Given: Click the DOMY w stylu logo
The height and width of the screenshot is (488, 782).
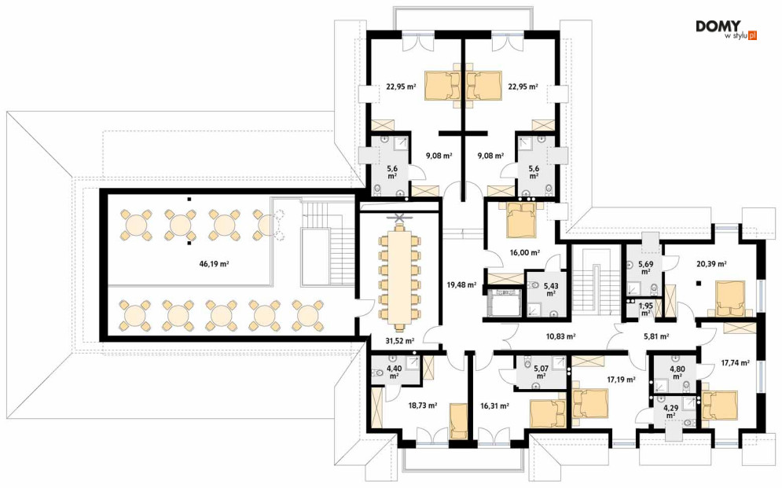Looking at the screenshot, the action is click(x=726, y=30).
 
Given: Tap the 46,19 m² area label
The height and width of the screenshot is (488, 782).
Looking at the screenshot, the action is click(x=214, y=264).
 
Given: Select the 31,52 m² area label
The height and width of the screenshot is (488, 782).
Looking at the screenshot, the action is click(x=399, y=341).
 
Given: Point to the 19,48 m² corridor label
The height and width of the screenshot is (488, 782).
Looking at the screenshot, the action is click(x=461, y=285).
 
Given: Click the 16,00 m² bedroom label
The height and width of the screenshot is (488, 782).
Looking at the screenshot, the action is click(x=525, y=253).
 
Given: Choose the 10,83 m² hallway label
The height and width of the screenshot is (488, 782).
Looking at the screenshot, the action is click(x=560, y=336).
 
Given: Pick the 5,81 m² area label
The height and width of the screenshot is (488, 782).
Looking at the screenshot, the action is click(x=656, y=336).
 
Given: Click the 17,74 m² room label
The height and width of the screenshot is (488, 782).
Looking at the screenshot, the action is click(x=735, y=363).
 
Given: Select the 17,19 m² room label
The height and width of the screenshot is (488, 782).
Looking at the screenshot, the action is click(x=621, y=380).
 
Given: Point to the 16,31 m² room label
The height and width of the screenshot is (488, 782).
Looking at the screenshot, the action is click(x=494, y=406).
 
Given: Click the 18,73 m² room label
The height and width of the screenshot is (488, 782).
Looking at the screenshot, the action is click(x=422, y=405).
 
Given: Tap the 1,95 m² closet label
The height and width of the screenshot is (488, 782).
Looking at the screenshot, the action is click(x=645, y=309).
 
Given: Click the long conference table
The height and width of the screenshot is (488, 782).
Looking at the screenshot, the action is click(x=399, y=277).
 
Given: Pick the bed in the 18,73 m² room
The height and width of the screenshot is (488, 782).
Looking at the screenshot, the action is click(x=458, y=421).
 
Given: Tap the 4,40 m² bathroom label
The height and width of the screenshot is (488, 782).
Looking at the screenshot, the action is click(x=394, y=372).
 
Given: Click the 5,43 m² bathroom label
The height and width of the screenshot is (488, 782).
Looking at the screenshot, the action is click(x=551, y=290).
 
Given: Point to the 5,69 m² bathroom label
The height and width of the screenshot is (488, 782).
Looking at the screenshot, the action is click(x=645, y=268).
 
